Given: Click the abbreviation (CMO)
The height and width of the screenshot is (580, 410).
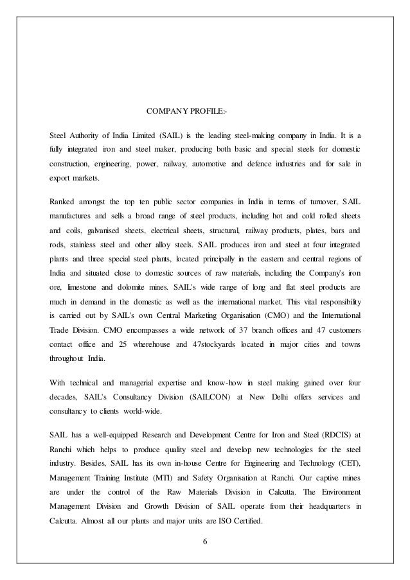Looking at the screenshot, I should click(x=280, y=317).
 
